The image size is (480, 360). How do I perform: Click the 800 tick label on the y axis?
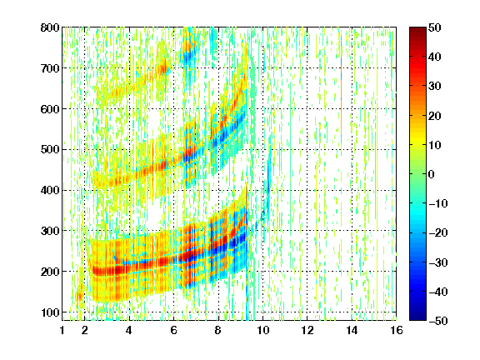click(50, 27)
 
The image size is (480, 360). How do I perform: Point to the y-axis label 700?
click(50, 68)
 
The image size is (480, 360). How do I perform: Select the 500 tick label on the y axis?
click(50, 150)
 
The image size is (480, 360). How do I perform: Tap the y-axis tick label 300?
click(50, 231)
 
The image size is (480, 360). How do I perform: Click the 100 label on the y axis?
click(50, 312)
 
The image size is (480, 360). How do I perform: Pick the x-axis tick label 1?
click(62, 330)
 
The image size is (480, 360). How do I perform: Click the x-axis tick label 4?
click(129, 330)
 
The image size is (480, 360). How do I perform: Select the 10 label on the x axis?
click(262, 330)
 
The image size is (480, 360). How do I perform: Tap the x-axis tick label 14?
click(352, 330)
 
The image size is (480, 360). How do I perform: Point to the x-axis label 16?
click(397, 330)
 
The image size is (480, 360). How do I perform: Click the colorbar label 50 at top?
click(434, 27)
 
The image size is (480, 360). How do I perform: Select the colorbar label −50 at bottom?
click(438, 321)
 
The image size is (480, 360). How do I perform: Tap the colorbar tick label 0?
click(432, 174)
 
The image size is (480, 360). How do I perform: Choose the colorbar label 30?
click(434, 87)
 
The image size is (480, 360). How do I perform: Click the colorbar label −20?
click(438, 232)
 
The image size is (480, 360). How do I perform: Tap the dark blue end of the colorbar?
click(417, 317)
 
